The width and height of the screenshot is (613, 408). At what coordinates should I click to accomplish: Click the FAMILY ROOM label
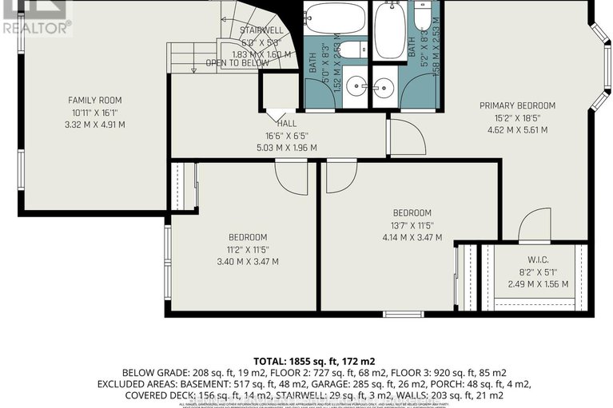coord(94,100)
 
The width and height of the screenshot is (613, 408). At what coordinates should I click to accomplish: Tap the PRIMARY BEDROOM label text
coord(517,105)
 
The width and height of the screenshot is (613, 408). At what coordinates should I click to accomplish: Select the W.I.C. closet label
coord(537,258)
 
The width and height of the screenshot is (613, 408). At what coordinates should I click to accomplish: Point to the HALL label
coord(286,124)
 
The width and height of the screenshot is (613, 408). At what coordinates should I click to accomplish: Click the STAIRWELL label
coord(260,30)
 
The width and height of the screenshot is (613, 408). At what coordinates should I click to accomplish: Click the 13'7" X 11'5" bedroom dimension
coord(412,224)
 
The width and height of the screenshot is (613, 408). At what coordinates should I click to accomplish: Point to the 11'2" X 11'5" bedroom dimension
coord(247,249)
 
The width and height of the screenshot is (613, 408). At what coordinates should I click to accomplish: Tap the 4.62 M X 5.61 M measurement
coord(517,129)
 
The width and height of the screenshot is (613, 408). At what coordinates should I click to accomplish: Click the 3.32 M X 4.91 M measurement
coord(94,124)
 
